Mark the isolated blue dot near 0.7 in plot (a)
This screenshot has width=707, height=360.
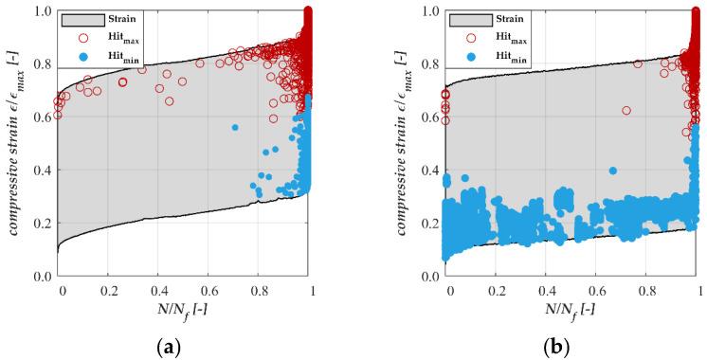pyautogui.click(x=235, y=127)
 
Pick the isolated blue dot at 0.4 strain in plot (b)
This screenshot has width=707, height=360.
pyautogui.click(x=613, y=171)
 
